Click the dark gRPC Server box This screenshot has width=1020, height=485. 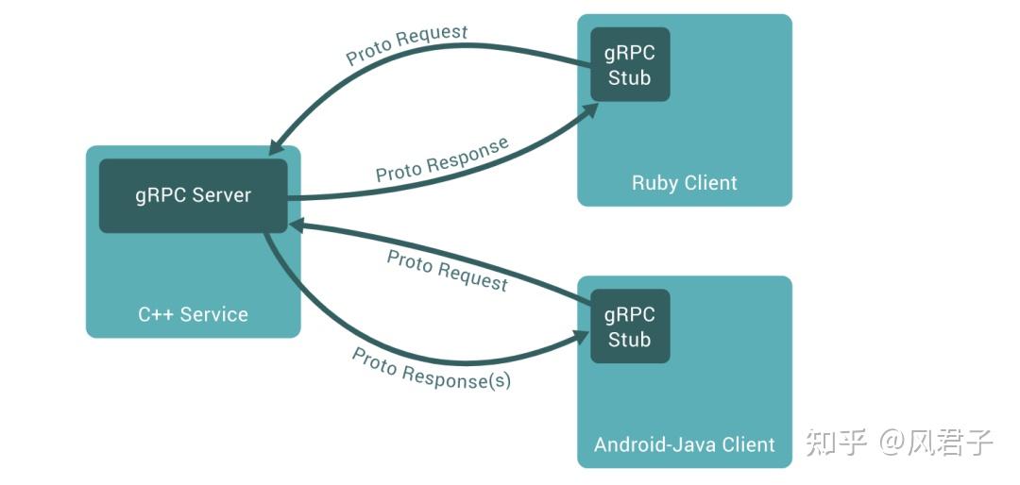[x=193, y=195]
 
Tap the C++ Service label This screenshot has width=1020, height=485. [x=193, y=314]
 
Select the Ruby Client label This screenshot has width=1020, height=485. [x=684, y=182]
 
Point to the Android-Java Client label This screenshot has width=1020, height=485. [x=684, y=444]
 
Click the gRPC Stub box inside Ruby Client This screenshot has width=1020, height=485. [x=630, y=65]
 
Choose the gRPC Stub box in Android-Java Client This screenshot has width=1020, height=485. [x=630, y=326]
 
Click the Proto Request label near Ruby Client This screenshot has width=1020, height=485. [x=406, y=45]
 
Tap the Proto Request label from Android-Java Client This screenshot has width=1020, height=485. [x=447, y=270]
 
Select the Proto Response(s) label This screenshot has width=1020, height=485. [x=432, y=368]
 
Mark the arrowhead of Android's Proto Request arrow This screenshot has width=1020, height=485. [x=297, y=225]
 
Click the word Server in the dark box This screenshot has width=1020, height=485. [x=222, y=195]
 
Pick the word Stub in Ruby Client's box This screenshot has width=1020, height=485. [x=630, y=78]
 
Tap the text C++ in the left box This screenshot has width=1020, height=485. [x=154, y=314]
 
